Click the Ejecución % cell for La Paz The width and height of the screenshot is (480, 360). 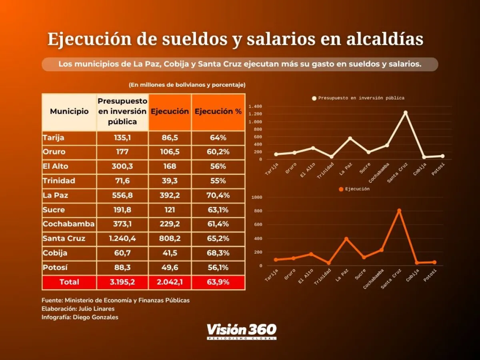pyautogui.click(x=218, y=195)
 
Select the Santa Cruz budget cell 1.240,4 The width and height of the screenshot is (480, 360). pyautogui.click(x=122, y=239)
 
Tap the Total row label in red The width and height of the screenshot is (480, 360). pyautogui.click(x=69, y=282)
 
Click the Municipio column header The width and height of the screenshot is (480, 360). pyautogui.click(x=69, y=112)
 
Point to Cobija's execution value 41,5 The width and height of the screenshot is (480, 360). pyautogui.click(x=170, y=253)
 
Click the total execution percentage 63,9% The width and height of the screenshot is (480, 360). pyautogui.click(x=218, y=282)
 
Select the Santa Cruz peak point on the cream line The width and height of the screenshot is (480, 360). pyautogui.click(x=405, y=113)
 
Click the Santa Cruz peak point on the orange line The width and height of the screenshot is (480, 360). pyautogui.click(x=399, y=211)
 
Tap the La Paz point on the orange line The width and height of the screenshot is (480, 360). pyautogui.click(x=346, y=239)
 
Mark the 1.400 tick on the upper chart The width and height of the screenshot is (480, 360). pyautogui.click(x=255, y=107)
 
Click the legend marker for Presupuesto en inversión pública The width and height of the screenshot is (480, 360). pyautogui.click(x=314, y=98)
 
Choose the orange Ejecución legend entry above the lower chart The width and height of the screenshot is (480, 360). pyautogui.click(x=354, y=189)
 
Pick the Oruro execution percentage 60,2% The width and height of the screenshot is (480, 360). pyautogui.click(x=218, y=152)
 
